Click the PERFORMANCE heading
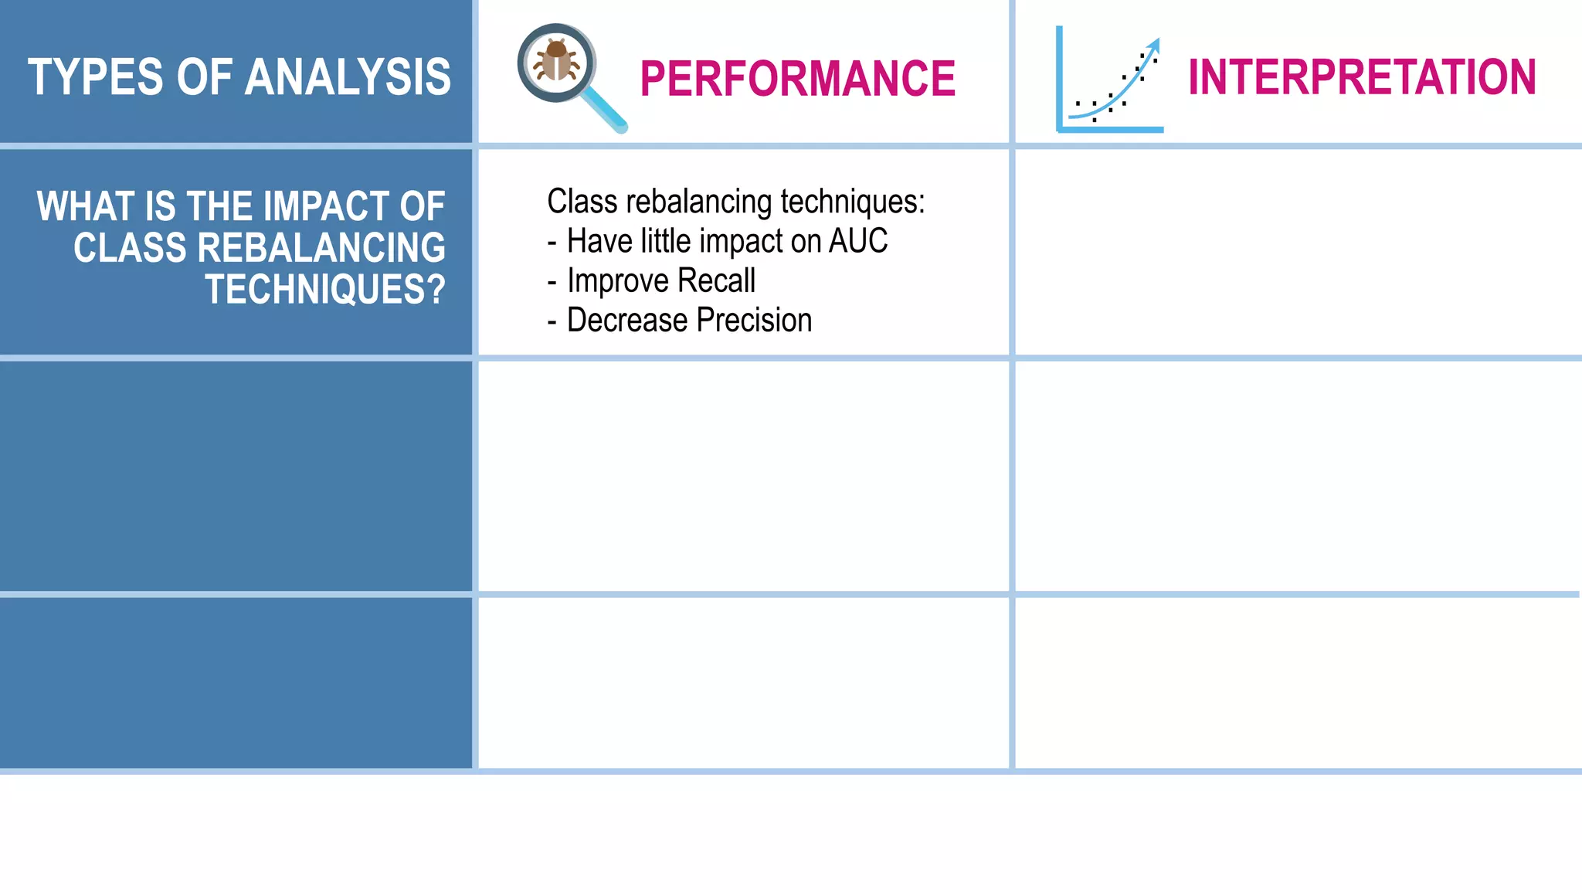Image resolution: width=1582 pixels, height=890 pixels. [x=797, y=79]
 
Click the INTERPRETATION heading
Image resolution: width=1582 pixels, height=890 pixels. [x=1361, y=77]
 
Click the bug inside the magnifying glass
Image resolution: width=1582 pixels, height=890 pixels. [x=556, y=62]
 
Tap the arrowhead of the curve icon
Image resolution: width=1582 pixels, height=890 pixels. [x=1154, y=44]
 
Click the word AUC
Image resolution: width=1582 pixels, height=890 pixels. [x=858, y=241]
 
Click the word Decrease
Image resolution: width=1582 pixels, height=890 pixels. [x=626, y=320]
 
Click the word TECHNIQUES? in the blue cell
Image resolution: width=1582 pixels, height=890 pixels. [x=325, y=290]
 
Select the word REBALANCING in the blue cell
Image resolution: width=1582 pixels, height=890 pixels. [x=321, y=248]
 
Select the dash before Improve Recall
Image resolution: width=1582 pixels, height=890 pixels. [x=552, y=281]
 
